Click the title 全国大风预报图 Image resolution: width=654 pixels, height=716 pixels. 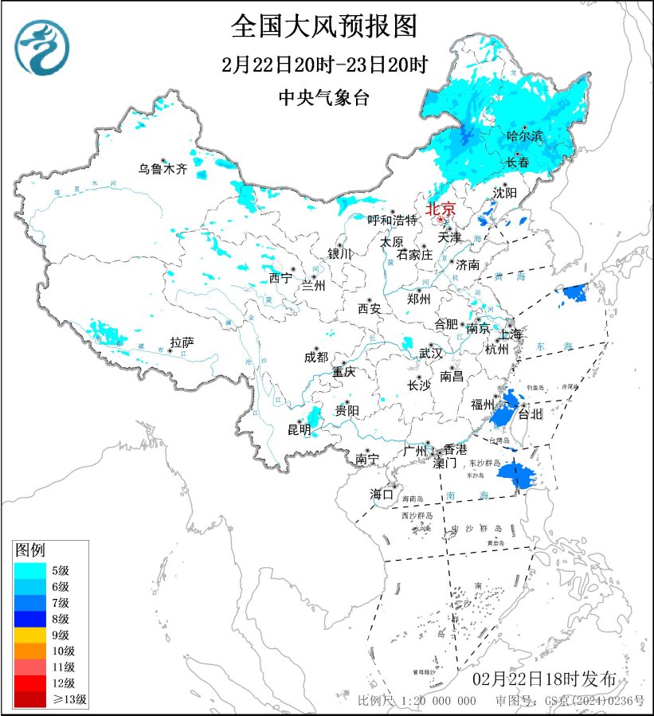tap(324, 26)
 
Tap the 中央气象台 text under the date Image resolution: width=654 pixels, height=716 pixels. tap(324, 98)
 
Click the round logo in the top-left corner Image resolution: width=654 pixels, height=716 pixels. tap(42, 47)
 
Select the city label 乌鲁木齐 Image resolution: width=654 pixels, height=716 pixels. tap(162, 169)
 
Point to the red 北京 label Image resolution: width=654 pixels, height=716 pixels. tap(441, 209)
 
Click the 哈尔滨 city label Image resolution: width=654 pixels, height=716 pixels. tap(524, 137)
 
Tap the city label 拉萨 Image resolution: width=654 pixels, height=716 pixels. tap(182, 343)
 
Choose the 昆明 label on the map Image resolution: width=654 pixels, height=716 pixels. tap(298, 430)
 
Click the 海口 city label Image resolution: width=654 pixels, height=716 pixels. tap(382, 495)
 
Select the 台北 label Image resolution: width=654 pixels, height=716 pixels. tap(531, 414)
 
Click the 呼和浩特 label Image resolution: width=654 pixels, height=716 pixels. tap(392, 220)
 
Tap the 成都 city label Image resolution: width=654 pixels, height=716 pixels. tap(315, 358)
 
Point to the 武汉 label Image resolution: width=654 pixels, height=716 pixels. tap(431, 354)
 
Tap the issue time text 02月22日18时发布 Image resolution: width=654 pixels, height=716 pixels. tap(544, 679)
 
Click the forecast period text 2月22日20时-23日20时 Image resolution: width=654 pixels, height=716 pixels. tap(324, 64)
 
